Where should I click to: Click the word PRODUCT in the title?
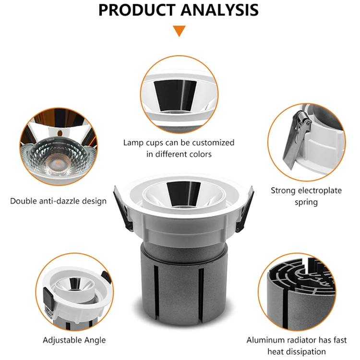(x=137, y=10)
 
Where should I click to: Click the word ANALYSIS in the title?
(x=219, y=10)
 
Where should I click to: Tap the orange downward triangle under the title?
(x=180, y=31)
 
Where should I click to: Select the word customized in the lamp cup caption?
(x=213, y=143)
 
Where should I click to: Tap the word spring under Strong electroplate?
(x=306, y=203)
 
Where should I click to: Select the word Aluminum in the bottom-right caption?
(x=264, y=340)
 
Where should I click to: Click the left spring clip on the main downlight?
(x=123, y=209)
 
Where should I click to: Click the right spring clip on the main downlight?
(x=245, y=209)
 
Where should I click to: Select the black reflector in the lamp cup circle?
(x=175, y=96)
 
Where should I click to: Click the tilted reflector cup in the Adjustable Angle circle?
(x=75, y=285)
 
